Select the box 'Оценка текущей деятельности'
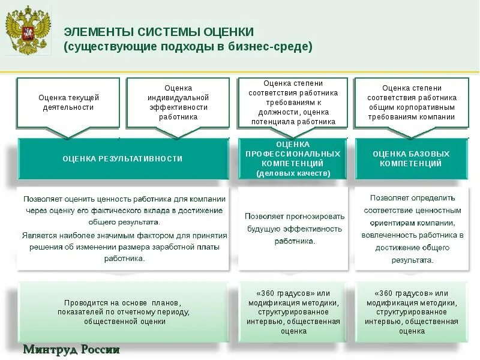point(68,102)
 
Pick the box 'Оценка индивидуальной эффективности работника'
point(178,102)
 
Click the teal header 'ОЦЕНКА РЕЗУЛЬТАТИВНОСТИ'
point(122,158)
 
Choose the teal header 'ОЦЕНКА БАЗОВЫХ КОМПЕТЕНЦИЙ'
point(411,158)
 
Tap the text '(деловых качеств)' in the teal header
point(293,173)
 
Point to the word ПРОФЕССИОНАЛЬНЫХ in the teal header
point(293,154)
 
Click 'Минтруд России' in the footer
point(71,350)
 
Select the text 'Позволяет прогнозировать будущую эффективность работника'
point(294,228)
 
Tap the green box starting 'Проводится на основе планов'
point(123,312)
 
